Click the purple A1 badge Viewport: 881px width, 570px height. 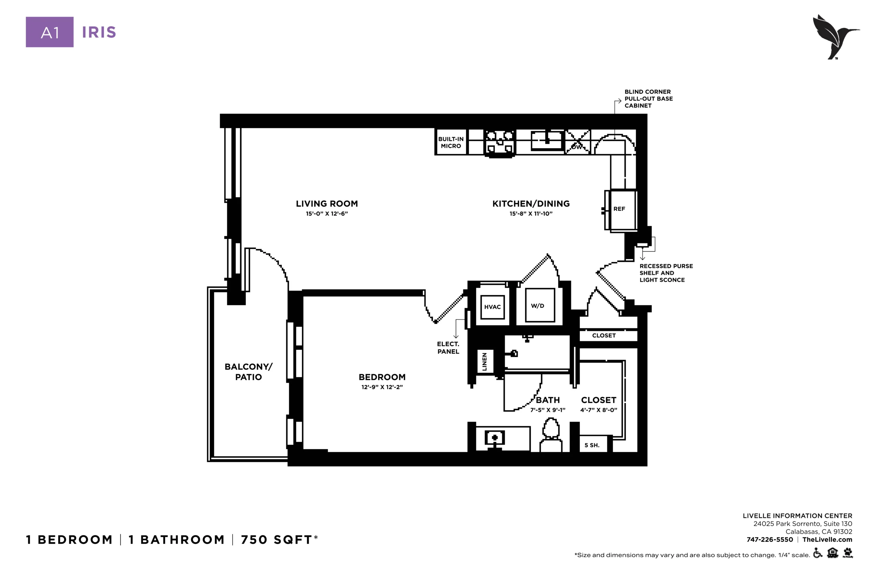click(50, 32)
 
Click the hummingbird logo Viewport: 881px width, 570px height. click(836, 36)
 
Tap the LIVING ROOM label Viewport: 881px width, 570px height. click(327, 203)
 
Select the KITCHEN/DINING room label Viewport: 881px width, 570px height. click(531, 203)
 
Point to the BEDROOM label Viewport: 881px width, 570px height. click(382, 377)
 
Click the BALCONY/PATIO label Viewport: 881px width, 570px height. click(248, 372)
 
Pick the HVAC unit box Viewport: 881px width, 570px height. click(492, 307)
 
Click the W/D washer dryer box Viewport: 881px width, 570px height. click(540, 305)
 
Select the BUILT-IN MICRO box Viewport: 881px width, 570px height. click(451, 142)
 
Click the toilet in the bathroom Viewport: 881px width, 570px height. click(551, 435)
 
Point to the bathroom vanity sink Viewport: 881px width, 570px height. click(495, 439)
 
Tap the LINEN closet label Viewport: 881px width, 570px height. click(484, 362)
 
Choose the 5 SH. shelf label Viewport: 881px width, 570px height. click(592, 445)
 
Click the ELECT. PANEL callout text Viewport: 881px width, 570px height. click(448, 348)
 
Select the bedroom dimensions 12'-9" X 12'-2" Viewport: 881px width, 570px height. click(382, 387)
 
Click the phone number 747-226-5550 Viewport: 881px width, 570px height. click(769, 540)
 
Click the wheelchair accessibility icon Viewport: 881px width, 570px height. click(818, 553)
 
